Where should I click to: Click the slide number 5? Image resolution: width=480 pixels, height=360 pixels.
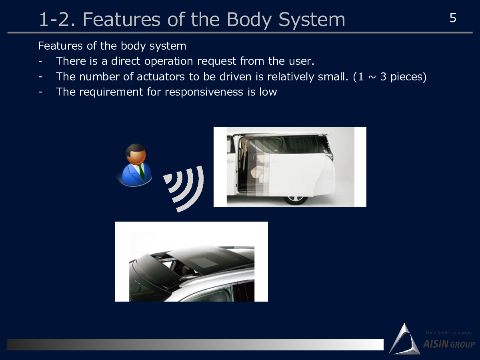click(x=453, y=18)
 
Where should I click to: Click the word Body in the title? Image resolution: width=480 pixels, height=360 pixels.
click(x=249, y=20)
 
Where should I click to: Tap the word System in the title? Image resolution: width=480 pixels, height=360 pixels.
click(x=312, y=20)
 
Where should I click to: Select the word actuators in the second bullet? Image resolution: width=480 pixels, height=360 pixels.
click(x=161, y=77)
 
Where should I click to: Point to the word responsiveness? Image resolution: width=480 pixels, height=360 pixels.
click(x=204, y=92)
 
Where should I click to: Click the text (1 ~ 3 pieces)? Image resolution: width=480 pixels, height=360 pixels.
click(x=390, y=77)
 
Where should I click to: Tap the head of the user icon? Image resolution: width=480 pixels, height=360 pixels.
click(x=136, y=154)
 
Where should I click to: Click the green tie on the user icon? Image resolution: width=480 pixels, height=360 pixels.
click(x=142, y=172)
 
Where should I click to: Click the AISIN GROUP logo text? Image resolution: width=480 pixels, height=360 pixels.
click(x=449, y=344)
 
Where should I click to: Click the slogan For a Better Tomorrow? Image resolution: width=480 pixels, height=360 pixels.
click(x=449, y=333)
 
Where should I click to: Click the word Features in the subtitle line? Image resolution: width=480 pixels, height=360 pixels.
click(x=60, y=46)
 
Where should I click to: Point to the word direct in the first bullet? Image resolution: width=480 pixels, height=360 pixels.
click(x=125, y=61)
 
